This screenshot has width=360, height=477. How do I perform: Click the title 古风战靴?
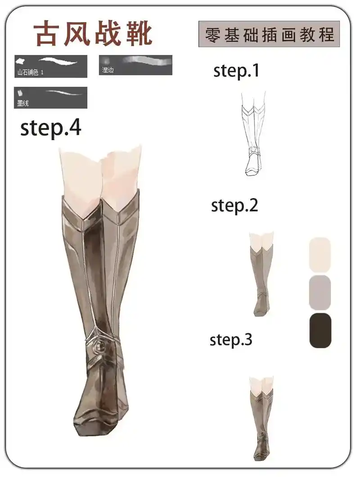tap(94, 33)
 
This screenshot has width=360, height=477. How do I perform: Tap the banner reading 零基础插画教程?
tap(269, 34)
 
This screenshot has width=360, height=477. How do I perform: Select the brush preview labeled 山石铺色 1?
tap(51, 66)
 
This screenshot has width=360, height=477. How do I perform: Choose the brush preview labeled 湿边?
tap(135, 65)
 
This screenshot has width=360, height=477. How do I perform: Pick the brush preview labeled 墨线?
tap(50, 97)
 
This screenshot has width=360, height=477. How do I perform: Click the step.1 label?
tap(236, 71)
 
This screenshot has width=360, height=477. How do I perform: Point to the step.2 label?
tap(234, 206)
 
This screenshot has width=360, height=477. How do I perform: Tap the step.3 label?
tap(231, 340)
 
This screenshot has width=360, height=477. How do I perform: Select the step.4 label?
tap(51, 128)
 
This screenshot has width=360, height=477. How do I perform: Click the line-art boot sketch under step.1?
tap(253, 134)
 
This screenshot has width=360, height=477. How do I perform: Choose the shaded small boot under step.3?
tap(262, 418)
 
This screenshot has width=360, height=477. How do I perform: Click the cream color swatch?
tap(320, 254)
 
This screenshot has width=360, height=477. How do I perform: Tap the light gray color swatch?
tap(320, 293)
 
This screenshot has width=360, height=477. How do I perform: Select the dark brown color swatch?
tap(320, 330)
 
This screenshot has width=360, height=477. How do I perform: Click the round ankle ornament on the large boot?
tap(100, 345)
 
